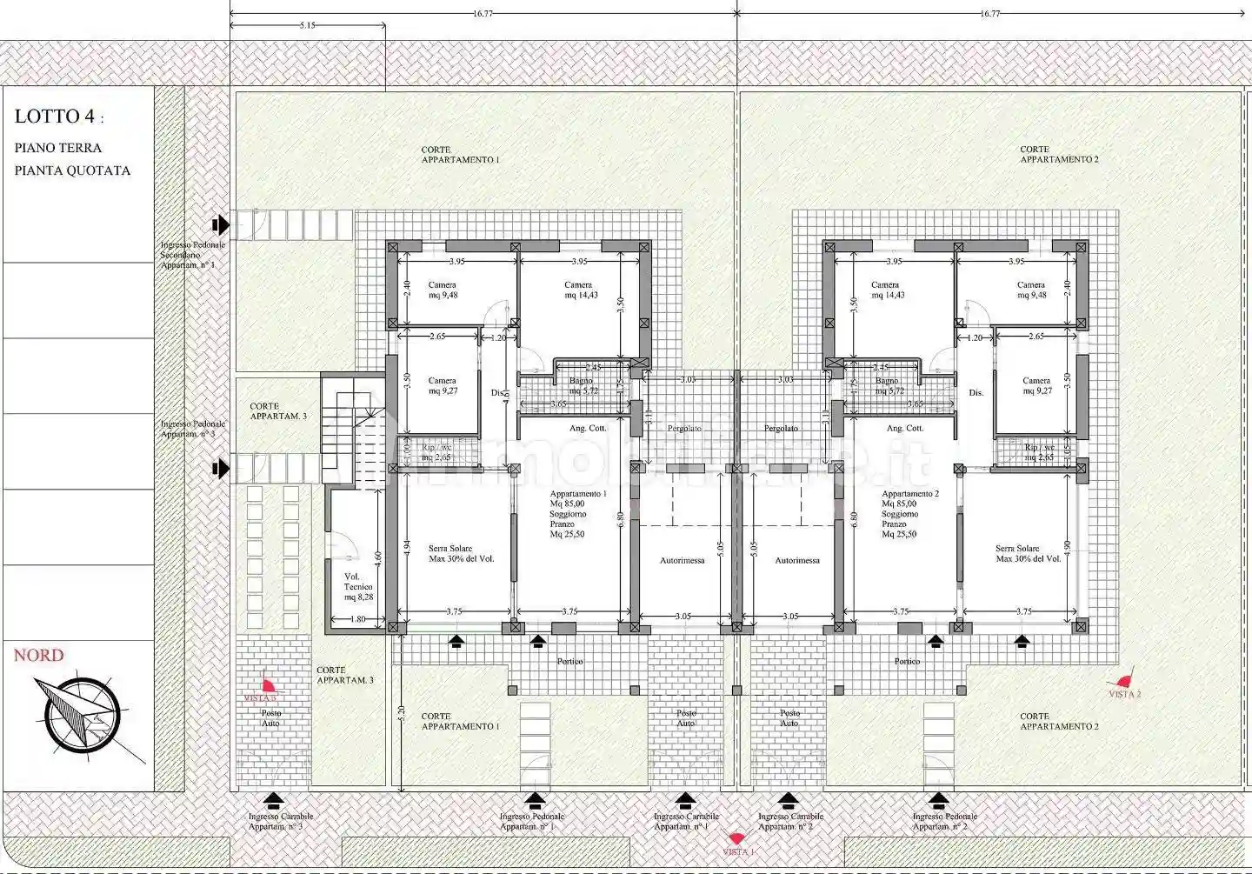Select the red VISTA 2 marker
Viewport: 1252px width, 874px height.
click(1124, 682)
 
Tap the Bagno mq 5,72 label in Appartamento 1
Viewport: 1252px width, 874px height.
click(583, 385)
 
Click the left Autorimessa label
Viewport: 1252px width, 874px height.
click(682, 561)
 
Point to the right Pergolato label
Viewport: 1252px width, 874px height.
click(781, 429)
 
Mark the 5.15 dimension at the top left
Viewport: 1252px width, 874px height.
click(307, 26)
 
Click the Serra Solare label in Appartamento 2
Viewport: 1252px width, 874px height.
click(1028, 553)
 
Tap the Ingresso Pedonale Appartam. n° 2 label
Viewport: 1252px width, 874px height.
click(944, 821)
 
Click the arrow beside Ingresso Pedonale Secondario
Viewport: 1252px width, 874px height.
click(221, 225)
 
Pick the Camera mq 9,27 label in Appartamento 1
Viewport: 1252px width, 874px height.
click(443, 385)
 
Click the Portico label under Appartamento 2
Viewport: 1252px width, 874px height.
click(907, 662)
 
